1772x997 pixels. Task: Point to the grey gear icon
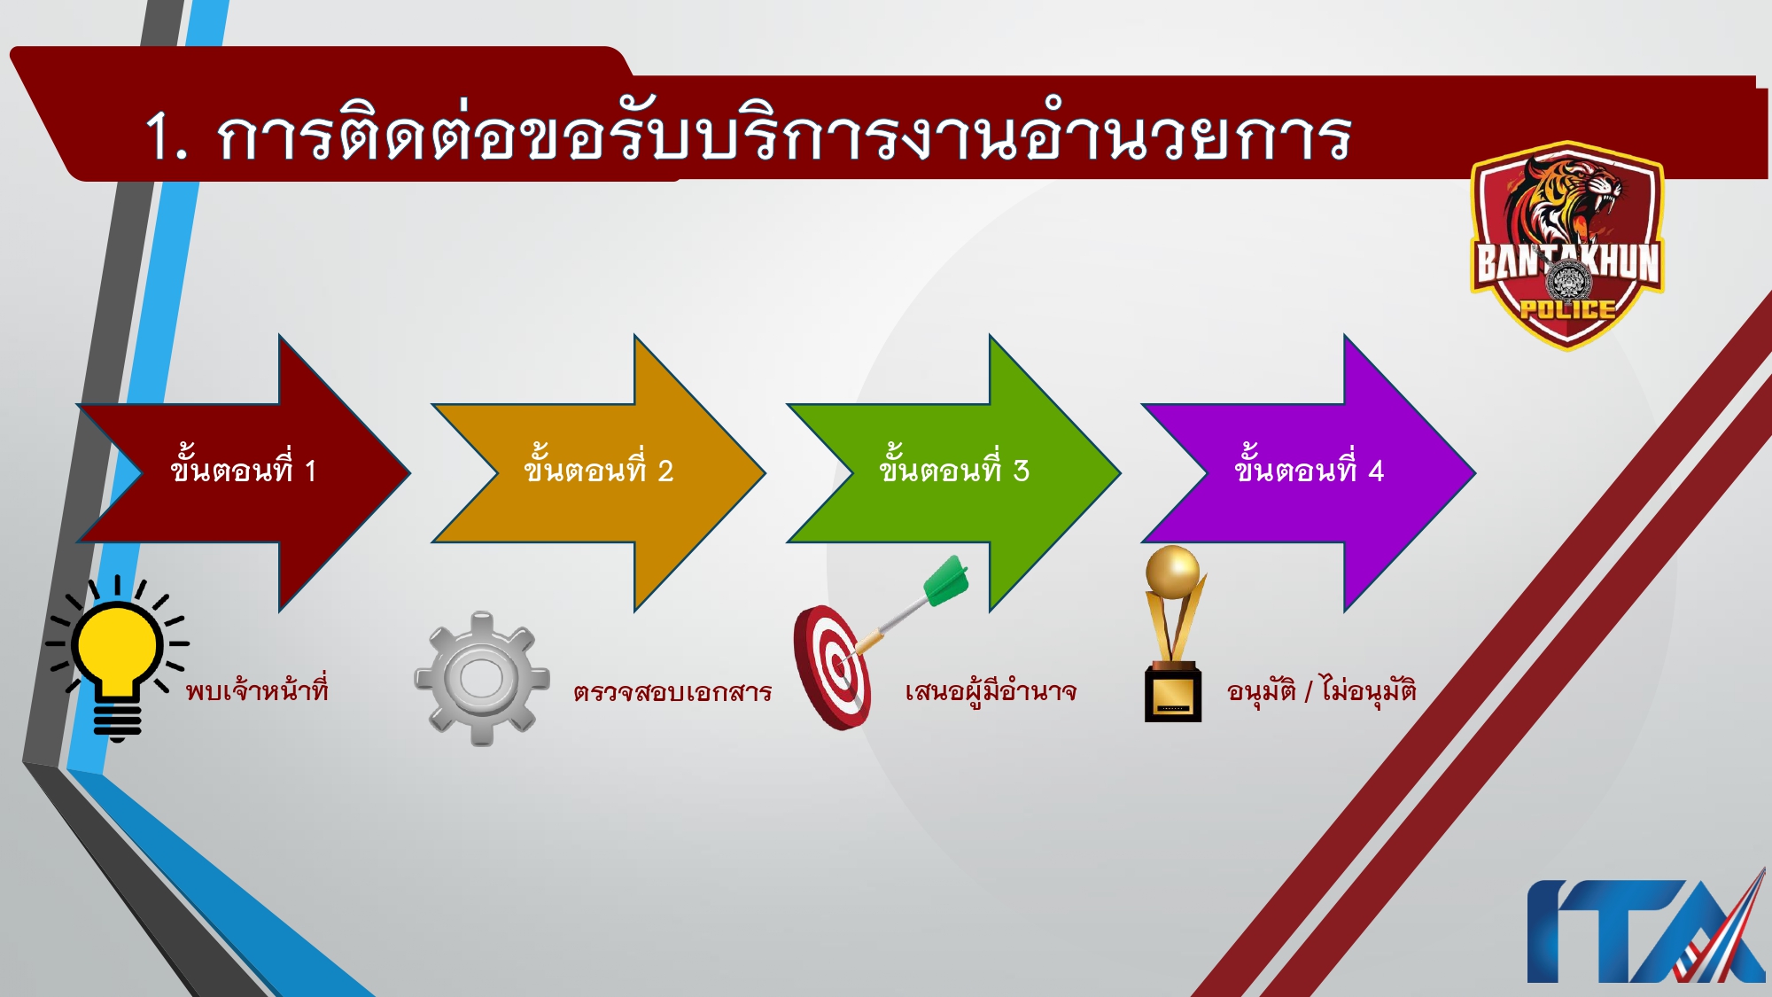click(481, 679)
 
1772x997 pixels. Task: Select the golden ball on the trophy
click(1171, 571)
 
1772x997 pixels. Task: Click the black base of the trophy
click(1172, 696)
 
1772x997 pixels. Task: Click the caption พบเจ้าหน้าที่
click(257, 690)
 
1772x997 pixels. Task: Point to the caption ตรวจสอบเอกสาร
click(672, 691)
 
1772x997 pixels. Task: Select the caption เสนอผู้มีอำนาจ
click(991, 691)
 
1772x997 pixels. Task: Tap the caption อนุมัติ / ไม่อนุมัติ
click(1321, 689)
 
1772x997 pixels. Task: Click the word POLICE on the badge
click(1567, 309)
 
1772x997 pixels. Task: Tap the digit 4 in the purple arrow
click(1375, 471)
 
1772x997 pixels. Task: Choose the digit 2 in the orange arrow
click(665, 471)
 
